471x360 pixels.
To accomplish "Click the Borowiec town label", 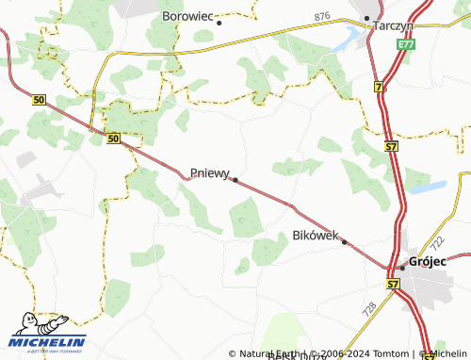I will [x=188, y=16].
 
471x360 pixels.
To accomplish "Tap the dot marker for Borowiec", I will [x=219, y=23].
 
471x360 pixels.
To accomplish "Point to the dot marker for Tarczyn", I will [x=366, y=18].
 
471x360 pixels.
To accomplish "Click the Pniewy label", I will [x=209, y=173].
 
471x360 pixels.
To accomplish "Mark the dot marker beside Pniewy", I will [x=235, y=179].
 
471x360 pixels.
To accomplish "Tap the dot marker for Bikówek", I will [x=345, y=242].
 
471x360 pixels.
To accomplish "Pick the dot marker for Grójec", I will [x=401, y=268].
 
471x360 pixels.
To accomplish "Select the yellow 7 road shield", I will [x=379, y=87].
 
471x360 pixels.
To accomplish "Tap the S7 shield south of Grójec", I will [x=392, y=283].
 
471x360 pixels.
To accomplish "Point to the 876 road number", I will [x=323, y=17].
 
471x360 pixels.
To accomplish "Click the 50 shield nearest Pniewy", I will [x=113, y=139].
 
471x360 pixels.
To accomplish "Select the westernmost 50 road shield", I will [x=38, y=98].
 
